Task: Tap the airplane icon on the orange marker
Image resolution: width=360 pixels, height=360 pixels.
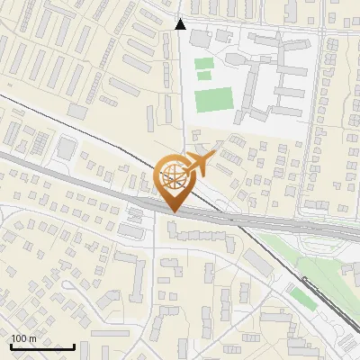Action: [200, 163]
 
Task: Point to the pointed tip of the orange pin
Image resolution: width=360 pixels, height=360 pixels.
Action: [172, 211]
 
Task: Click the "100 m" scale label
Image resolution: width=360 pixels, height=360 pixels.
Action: [23, 338]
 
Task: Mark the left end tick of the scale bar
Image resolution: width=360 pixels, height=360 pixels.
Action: [11, 346]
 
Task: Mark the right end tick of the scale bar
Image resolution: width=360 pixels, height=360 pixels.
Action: [74, 346]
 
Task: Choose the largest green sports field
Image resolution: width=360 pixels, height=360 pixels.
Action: [212, 100]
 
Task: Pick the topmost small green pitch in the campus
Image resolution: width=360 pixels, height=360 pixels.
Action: [205, 64]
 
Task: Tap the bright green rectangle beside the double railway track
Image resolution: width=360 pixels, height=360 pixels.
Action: [302, 298]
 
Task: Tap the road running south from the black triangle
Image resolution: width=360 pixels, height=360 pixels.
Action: [182, 90]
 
